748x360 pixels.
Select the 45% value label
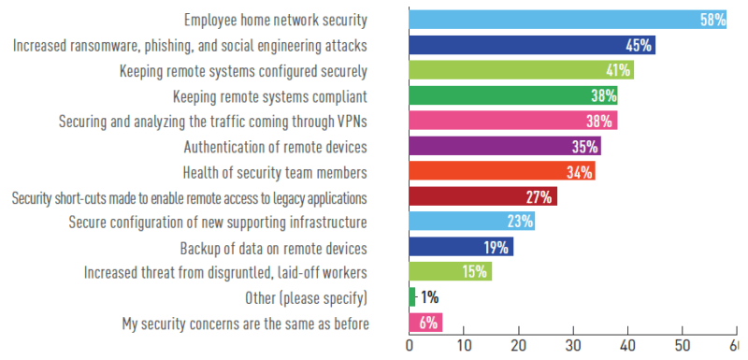pos(639,45)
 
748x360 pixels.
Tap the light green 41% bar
pos(522,70)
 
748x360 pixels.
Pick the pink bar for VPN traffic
pos(513,121)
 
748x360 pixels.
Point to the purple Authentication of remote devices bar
pos(505,146)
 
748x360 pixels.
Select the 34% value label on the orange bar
pos(580,172)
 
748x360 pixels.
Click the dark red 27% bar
pos(482,197)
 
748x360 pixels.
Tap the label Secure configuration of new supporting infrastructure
pos(218,223)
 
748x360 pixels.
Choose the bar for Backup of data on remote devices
pos(461,248)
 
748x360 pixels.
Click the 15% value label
pos(475,273)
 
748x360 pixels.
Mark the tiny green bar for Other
pos(412,297)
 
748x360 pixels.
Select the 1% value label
pos(428,298)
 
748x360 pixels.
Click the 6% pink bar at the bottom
pos(425,323)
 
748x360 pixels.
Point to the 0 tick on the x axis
pos(410,347)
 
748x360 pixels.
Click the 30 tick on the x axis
pos(573,347)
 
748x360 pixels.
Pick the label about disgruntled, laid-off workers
pos(225,273)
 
